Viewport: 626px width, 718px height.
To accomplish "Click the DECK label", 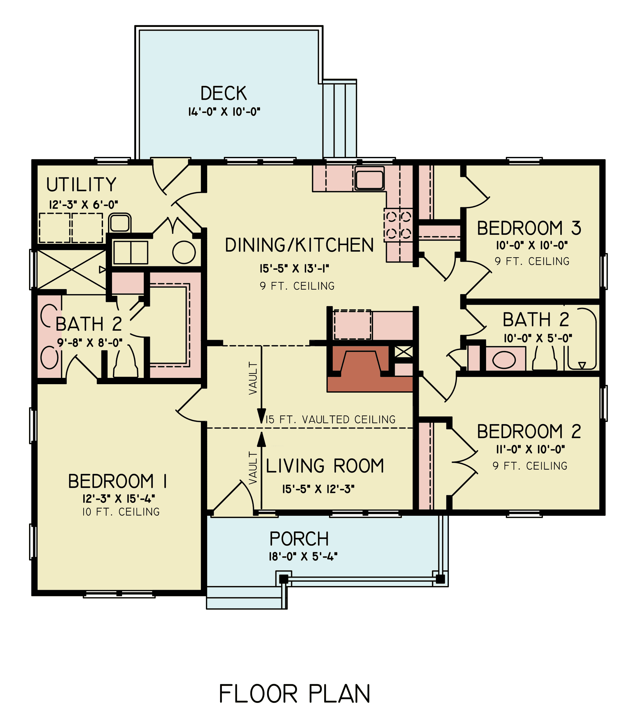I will coord(223,93).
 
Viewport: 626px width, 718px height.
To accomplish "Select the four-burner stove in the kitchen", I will coord(398,225).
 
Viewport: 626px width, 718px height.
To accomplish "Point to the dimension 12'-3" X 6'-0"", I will coord(84,204).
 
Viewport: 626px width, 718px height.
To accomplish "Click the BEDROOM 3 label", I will coord(529,228).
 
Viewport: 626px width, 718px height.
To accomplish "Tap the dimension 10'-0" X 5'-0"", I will coord(538,338).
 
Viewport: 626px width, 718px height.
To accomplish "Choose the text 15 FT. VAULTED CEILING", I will coord(331,419).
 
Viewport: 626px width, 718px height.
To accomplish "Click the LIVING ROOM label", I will coord(325,466).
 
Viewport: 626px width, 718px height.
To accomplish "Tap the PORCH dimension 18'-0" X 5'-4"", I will coord(303,556).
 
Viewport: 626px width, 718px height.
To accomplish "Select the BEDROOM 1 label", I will coord(117,481).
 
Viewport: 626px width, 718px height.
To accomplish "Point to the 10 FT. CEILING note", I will coord(121,512).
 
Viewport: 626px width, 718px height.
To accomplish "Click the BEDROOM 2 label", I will coord(529,432).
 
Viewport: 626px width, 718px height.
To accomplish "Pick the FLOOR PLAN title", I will coord(295,694).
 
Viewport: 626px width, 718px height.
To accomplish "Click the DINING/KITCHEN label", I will coord(299,245).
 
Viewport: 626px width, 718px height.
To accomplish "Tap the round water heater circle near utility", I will coord(184,252).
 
